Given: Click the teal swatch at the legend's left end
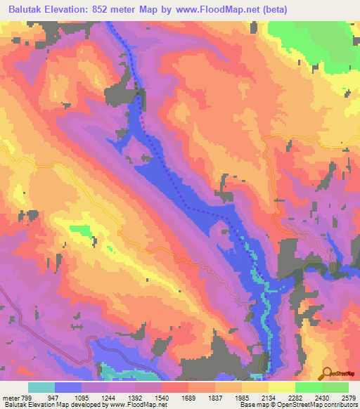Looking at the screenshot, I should pos(41,387).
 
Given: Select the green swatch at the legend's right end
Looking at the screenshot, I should pos(335,387).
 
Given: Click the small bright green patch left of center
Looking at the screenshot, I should pos(83,231).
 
